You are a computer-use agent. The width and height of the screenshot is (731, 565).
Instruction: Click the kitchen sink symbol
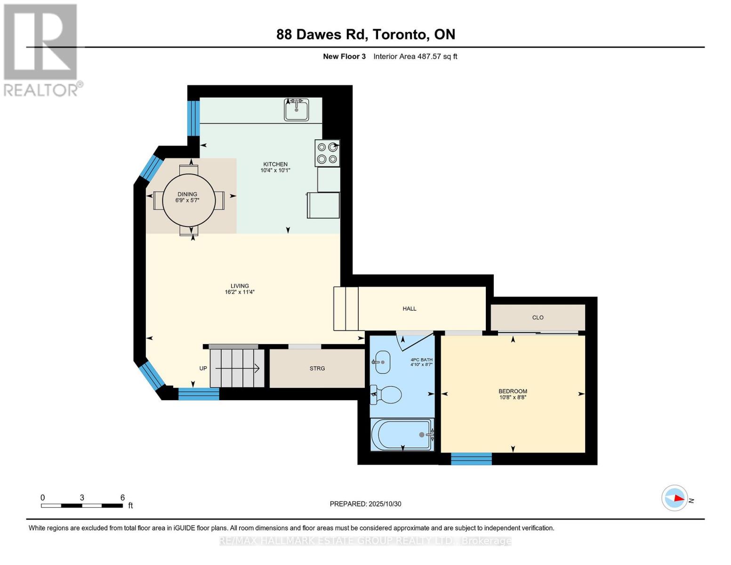point(297,110)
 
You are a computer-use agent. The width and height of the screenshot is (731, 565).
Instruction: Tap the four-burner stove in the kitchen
point(328,153)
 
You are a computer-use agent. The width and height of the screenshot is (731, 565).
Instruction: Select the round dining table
point(189,201)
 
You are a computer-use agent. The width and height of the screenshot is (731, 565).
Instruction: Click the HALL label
point(410,309)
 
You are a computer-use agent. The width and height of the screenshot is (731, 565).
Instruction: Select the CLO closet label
point(538,318)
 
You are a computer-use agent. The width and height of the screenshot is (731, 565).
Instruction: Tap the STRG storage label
point(317,369)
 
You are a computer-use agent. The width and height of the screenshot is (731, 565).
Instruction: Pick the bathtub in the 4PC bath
point(402,435)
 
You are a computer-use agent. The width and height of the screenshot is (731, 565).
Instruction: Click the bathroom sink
point(382,362)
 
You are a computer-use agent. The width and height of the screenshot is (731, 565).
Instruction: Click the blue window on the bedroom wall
point(471,459)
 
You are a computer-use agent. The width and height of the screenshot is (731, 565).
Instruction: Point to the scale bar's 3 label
point(82,498)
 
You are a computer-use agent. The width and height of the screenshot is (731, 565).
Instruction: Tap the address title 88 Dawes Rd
point(366,34)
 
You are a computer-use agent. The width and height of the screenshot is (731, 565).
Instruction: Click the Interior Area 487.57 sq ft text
point(415,56)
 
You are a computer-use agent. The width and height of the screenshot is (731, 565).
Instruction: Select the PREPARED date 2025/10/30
point(365,504)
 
